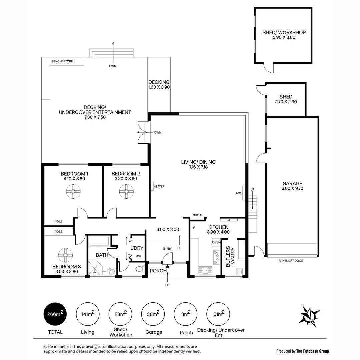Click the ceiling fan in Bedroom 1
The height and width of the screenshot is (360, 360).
click(x=73, y=191)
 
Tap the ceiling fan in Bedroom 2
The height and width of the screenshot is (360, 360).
click(x=126, y=191)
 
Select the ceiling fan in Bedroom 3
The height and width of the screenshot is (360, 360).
click(x=65, y=255)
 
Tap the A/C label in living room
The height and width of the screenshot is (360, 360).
click(x=238, y=193)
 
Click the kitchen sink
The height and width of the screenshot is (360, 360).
click(x=204, y=271)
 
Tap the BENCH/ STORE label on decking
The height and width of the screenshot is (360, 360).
click(x=62, y=61)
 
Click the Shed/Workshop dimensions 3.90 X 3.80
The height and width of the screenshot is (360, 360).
click(x=284, y=38)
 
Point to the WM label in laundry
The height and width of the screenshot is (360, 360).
click(x=138, y=256)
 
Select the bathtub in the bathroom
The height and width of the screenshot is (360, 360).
click(x=98, y=241)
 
